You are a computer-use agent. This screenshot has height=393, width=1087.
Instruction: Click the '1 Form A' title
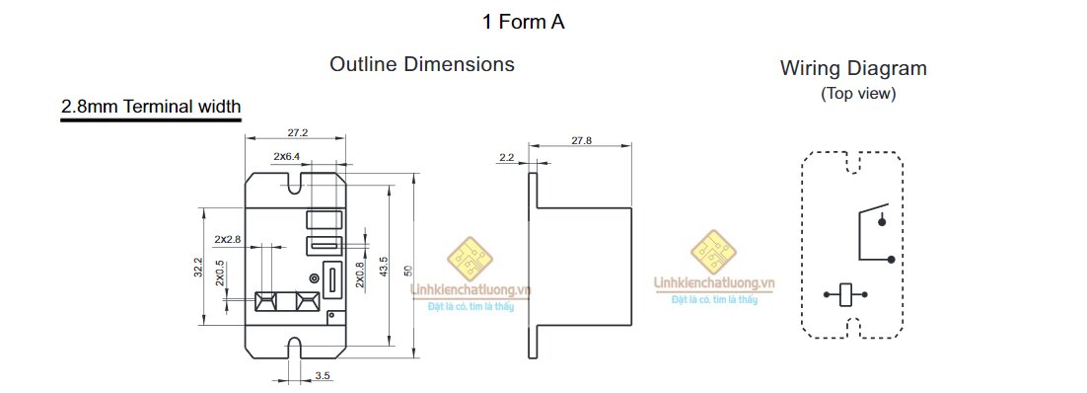[524, 23]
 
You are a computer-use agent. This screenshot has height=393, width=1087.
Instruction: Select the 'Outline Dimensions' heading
[422, 64]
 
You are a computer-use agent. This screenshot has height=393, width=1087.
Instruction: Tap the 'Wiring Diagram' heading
[853, 69]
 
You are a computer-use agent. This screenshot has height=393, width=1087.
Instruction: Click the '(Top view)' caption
[858, 94]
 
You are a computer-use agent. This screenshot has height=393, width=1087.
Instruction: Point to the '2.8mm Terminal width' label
[151, 107]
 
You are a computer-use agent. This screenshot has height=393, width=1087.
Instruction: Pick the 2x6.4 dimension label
[286, 157]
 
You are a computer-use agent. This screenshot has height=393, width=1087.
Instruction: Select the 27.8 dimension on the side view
[582, 140]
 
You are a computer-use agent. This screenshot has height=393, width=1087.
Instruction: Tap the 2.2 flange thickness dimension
[507, 158]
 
